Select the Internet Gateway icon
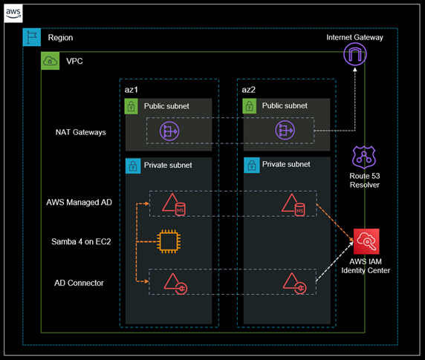pyautogui.click(x=356, y=53)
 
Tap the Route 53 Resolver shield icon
pyautogui.click(x=364, y=157)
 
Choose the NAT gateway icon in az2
pyautogui.click(x=286, y=131)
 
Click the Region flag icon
pyautogui.click(x=31, y=37)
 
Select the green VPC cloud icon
pyautogui.click(x=50, y=61)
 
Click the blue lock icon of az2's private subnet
pyautogui.click(x=249, y=165)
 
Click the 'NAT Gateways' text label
pyautogui.click(x=80, y=132)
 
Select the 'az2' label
pyautogui.click(x=248, y=89)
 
